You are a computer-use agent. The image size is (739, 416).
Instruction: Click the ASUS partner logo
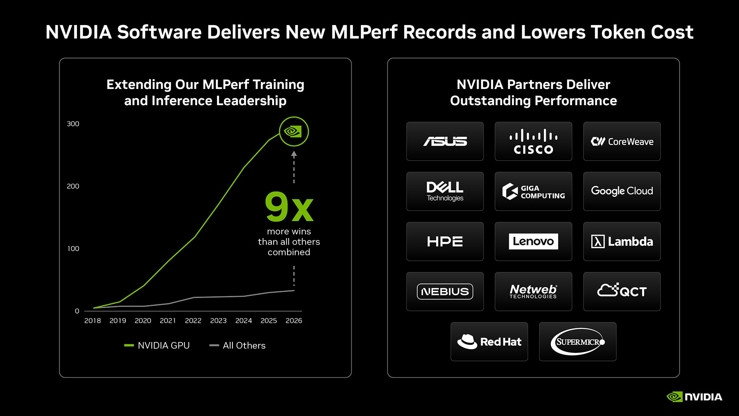445,141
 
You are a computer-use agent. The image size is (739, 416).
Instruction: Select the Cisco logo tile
533,141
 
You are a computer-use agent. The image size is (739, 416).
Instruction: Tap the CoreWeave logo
622,142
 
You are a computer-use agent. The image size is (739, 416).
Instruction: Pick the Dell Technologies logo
445,191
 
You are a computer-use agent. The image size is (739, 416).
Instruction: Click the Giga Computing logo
533,191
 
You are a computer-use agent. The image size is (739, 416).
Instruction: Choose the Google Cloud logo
622,191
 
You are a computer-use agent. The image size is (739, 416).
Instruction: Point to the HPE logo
445,242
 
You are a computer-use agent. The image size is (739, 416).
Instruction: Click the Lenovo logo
533,242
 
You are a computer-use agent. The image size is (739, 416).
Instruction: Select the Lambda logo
622,242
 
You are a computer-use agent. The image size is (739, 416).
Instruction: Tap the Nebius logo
445,292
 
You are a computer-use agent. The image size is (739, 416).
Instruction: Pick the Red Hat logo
489,342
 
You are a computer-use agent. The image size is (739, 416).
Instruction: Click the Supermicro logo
578,342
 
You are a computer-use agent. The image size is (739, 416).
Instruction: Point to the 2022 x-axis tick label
193,320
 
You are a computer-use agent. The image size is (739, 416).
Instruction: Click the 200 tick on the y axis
73,186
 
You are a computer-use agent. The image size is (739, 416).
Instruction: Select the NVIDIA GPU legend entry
157,346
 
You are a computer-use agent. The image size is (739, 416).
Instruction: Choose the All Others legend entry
237,346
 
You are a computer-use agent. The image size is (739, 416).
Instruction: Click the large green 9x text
289,207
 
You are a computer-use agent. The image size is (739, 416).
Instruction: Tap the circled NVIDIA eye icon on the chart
294,132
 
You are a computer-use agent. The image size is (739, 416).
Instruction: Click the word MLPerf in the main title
364,32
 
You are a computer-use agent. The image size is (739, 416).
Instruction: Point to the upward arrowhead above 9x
294,154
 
